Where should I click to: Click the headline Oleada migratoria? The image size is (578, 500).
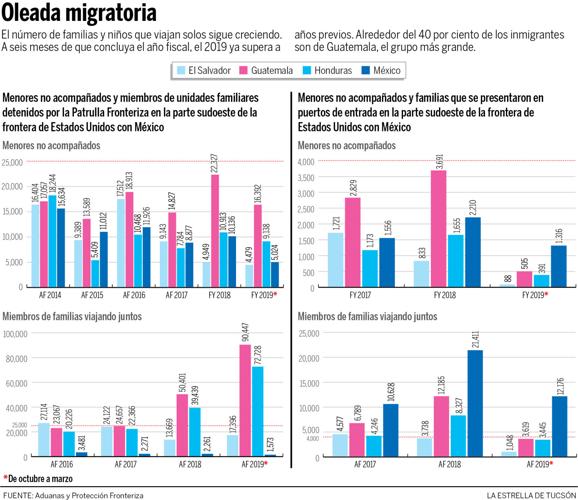(x=79, y=14)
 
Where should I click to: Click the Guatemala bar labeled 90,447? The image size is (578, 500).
(x=244, y=400)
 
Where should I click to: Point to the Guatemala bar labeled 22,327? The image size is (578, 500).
(x=215, y=231)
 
